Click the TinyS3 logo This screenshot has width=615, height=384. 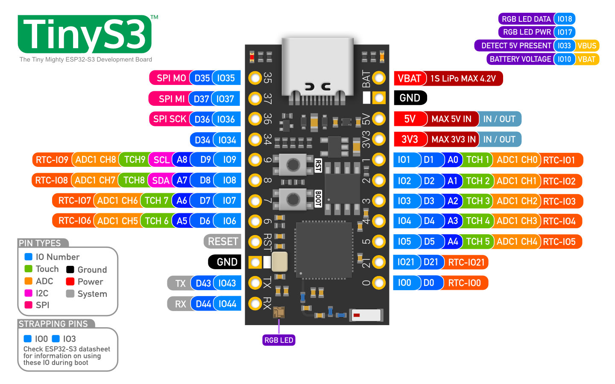(85, 35)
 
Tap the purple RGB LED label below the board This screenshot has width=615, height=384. (278, 340)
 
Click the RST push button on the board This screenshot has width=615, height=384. (293, 165)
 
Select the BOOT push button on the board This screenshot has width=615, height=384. (293, 199)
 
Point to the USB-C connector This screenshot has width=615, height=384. (318, 68)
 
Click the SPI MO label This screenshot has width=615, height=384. (170, 78)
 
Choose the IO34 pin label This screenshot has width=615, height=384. (227, 140)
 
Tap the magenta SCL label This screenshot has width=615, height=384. (161, 160)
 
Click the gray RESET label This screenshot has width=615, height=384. (223, 241)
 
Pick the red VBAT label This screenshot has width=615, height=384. (409, 79)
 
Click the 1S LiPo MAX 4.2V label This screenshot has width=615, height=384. (463, 79)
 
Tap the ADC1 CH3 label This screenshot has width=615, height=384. (516, 221)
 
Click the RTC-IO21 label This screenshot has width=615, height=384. (466, 262)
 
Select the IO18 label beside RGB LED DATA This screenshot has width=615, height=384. (564, 19)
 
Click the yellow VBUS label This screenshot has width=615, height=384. (586, 46)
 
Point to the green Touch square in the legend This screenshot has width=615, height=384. (29, 269)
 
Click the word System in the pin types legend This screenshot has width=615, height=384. (92, 294)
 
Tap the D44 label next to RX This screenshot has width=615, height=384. (203, 304)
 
